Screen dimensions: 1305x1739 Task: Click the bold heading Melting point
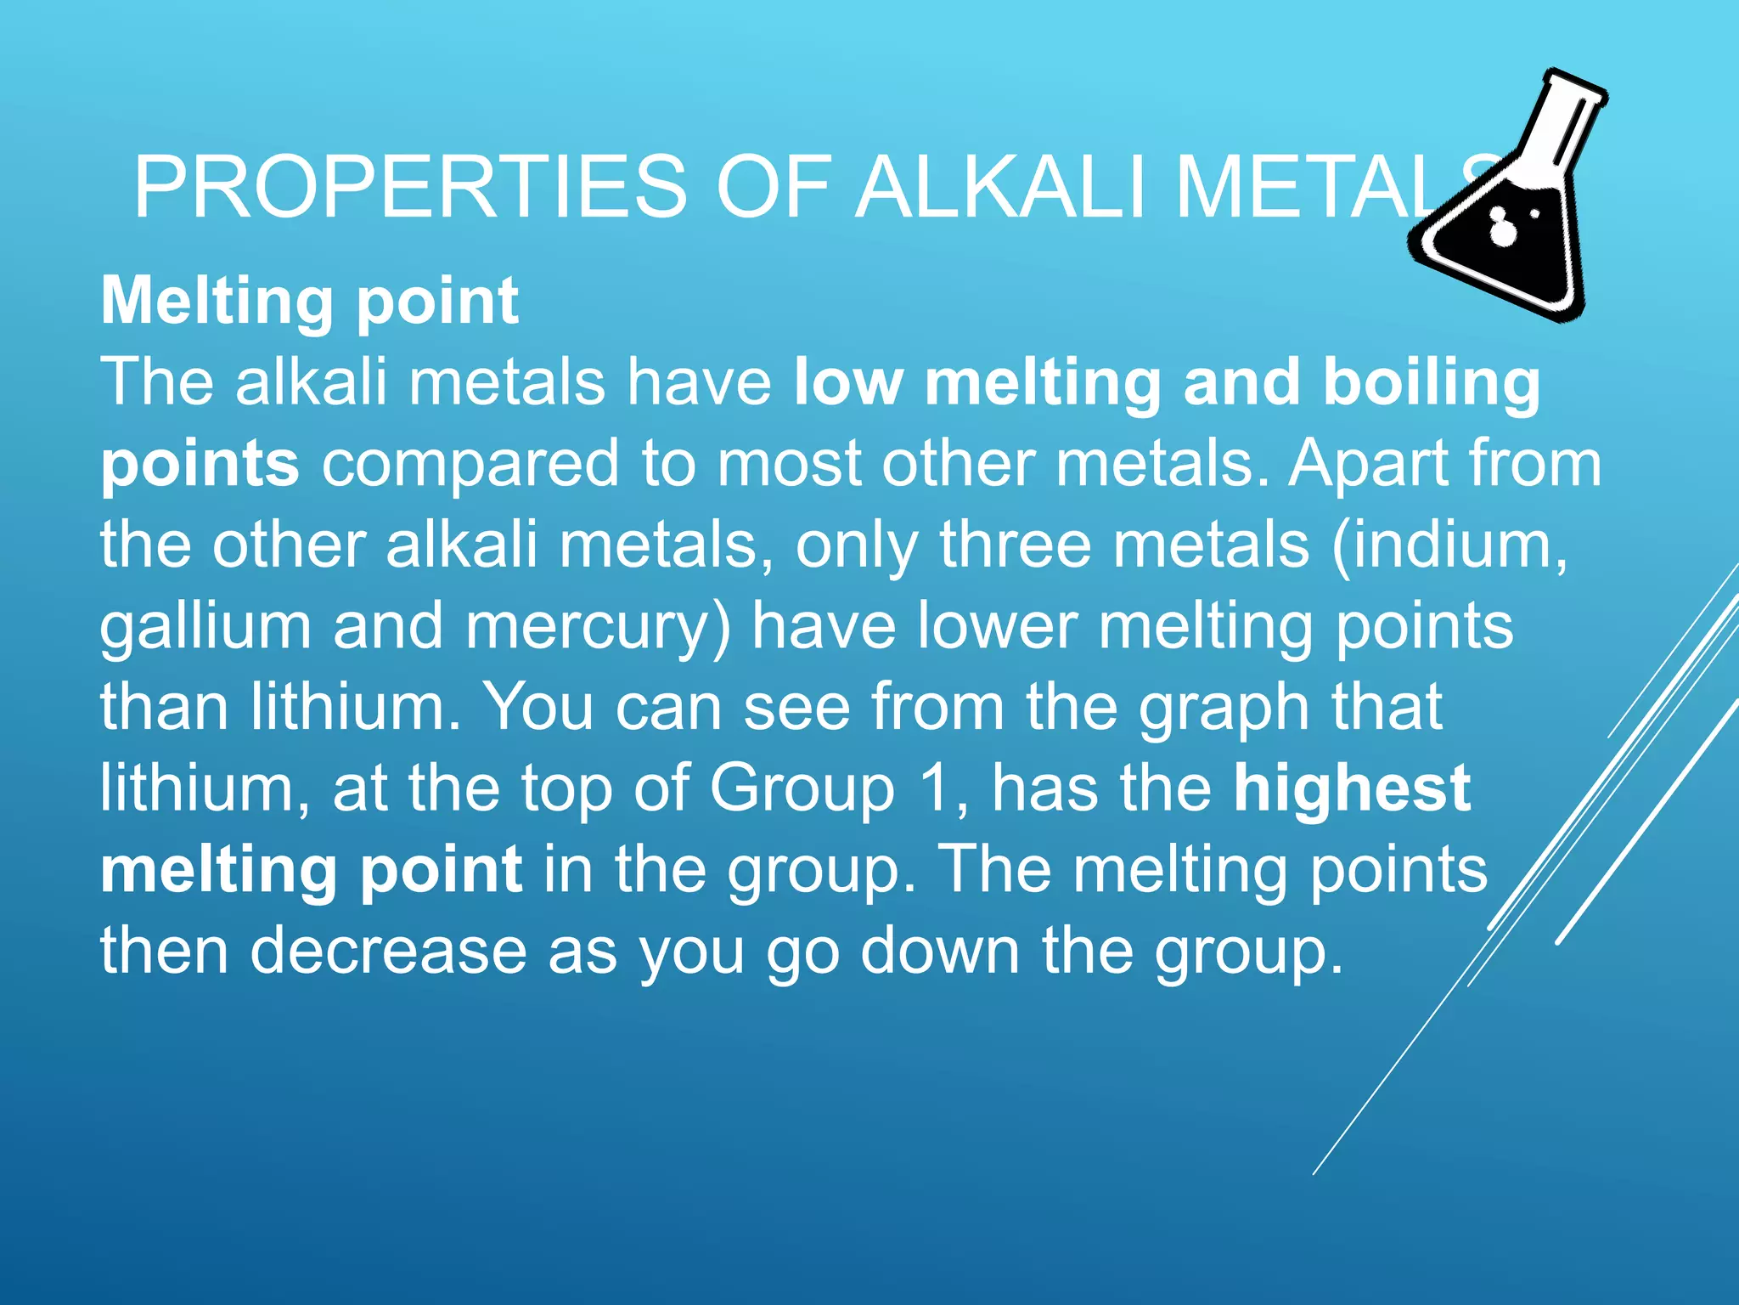coord(310,301)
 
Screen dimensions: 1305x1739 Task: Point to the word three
coord(1015,545)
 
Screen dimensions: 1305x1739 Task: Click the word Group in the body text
coord(802,788)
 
